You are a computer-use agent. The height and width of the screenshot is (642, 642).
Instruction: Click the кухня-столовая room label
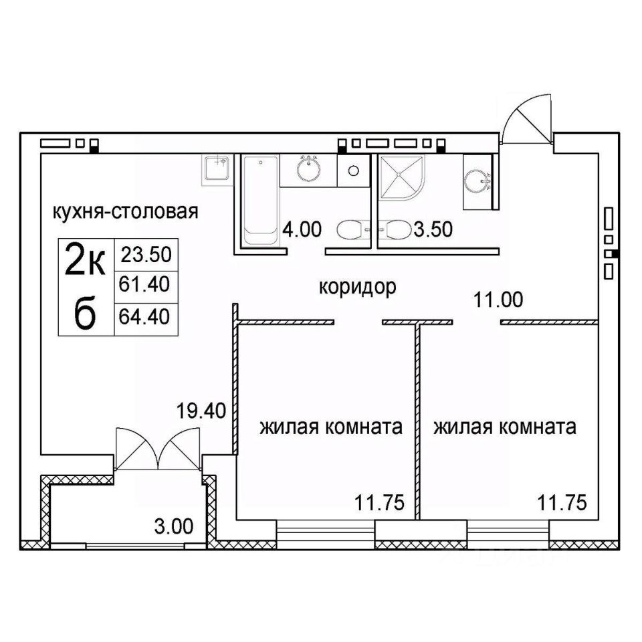[x=125, y=212]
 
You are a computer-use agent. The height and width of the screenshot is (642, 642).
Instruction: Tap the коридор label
[x=357, y=288]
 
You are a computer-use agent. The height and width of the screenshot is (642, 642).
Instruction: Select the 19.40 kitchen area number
[x=201, y=411]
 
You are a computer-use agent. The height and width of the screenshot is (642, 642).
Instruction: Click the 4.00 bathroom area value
[x=302, y=229]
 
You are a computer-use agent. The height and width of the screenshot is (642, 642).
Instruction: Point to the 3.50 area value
[x=433, y=229]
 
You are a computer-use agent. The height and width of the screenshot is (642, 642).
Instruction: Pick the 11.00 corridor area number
[x=498, y=300]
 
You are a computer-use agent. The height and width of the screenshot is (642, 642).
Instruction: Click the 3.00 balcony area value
[x=174, y=526]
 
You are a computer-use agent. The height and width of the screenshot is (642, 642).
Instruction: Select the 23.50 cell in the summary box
[x=146, y=255]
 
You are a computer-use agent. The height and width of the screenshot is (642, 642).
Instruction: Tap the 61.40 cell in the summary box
[x=144, y=284]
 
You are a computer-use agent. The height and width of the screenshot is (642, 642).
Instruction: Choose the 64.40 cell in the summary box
[x=144, y=316]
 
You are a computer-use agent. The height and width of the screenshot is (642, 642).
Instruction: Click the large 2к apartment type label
[x=86, y=259]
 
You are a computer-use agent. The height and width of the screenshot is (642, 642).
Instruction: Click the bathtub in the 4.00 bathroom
[x=260, y=201]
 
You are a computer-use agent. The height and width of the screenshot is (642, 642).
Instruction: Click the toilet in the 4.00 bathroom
[x=353, y=230]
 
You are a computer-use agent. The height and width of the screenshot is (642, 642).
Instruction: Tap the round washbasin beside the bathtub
[x=309, y=169]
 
